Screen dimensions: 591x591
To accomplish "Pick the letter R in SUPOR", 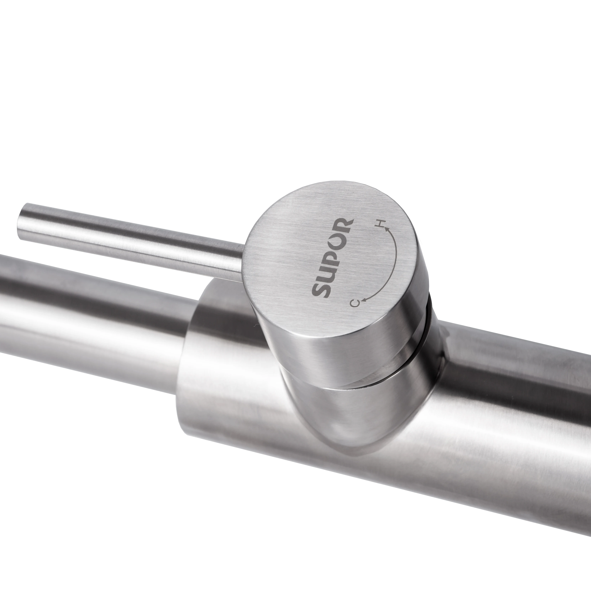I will click(344, 223).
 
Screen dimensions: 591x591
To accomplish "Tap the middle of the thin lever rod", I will click(132, 239).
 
